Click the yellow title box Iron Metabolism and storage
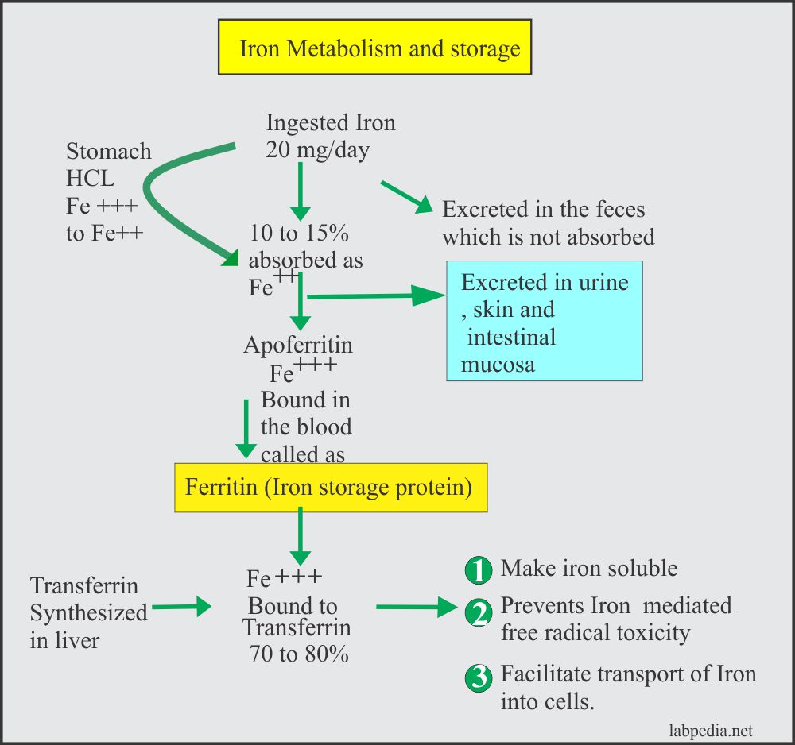(375, 48)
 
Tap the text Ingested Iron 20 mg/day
(330, 136)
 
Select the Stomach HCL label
(108, 164)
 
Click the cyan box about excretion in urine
(544, 320)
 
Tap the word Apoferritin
(298, 345)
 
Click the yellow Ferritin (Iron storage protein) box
(329, 487)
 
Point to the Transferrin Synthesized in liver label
(88, 612)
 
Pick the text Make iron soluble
(588, 569)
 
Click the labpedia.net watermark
(712, 731)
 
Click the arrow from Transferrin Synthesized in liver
(180, 608)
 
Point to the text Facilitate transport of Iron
(628, 675)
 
